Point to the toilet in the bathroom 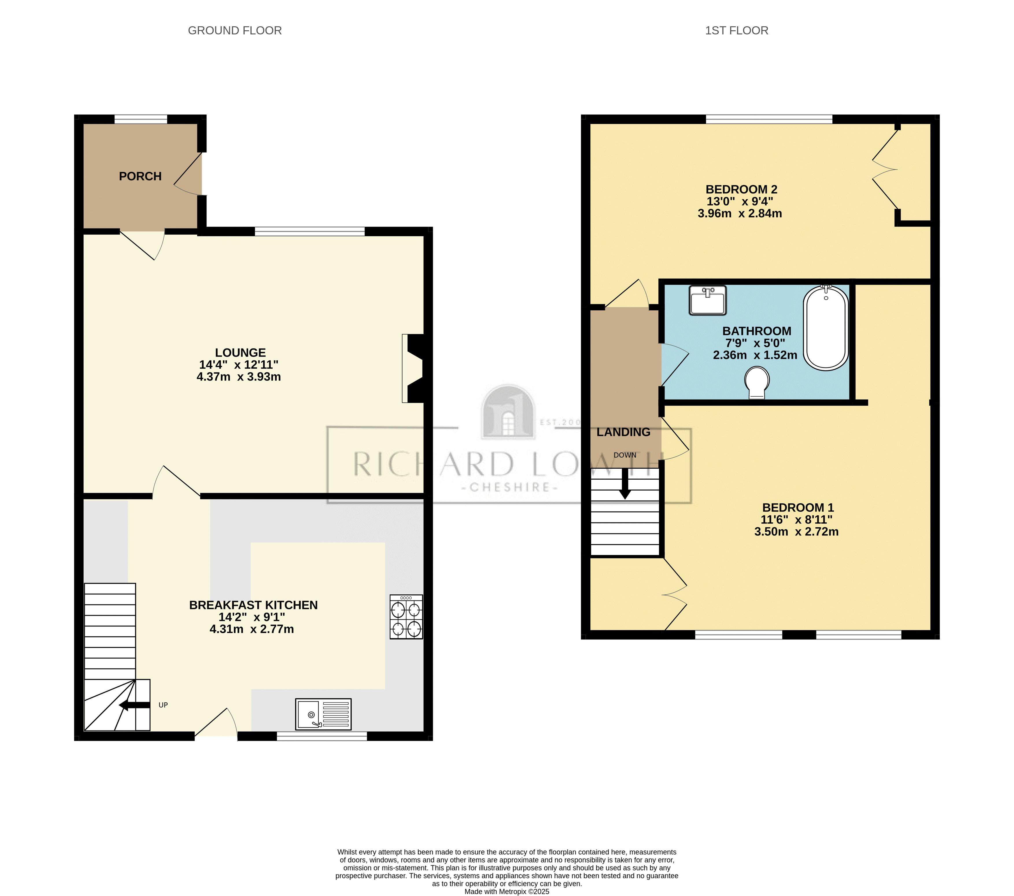pos(757,382)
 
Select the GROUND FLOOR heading pos(235,31)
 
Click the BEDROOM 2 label pos(741,190)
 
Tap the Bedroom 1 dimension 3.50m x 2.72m pos(796,532)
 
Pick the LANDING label pos(623,432)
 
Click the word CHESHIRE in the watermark pos(510,487)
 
